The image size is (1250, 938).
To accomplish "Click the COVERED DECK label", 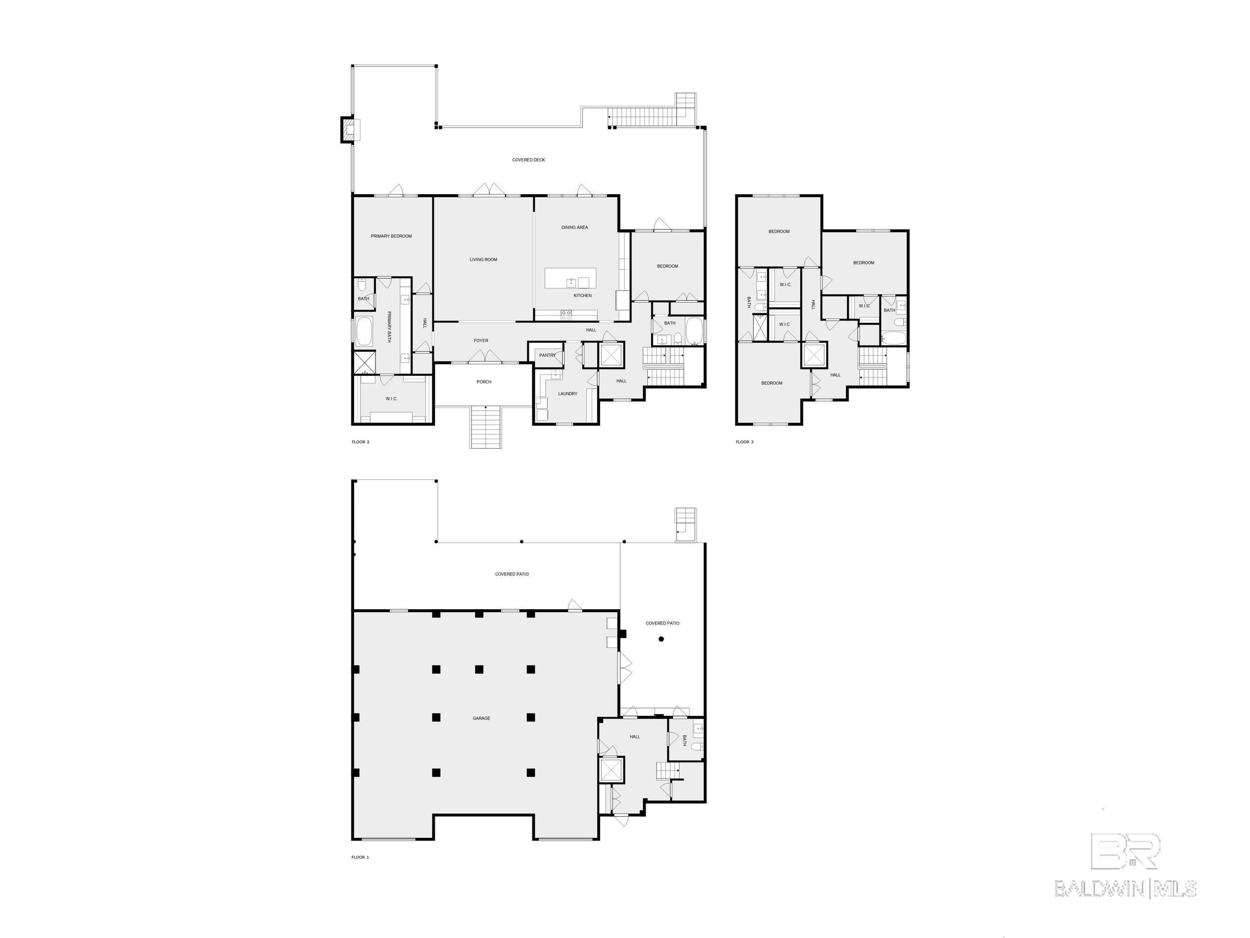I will point(528,160).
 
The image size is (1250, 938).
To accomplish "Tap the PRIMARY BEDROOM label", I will point(391,236).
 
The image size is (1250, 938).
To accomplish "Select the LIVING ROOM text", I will point(483,260).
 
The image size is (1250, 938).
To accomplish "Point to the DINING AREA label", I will point(574,228).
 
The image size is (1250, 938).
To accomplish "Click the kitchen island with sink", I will point(570,278).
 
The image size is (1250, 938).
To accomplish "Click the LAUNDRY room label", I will point(568,394).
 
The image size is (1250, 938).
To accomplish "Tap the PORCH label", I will point(484,382).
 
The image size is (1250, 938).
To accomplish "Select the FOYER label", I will point(481,341).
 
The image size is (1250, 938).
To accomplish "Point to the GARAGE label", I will point(481,718).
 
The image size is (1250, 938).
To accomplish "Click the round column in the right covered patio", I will point(661,639).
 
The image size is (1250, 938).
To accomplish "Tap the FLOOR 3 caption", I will point(744,442).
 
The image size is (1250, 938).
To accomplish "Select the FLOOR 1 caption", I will point(360,857).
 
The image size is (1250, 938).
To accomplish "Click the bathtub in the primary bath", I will point(364,332).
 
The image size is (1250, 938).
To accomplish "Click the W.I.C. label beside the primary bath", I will point(392,399).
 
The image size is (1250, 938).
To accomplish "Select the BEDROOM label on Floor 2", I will point(668,266).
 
